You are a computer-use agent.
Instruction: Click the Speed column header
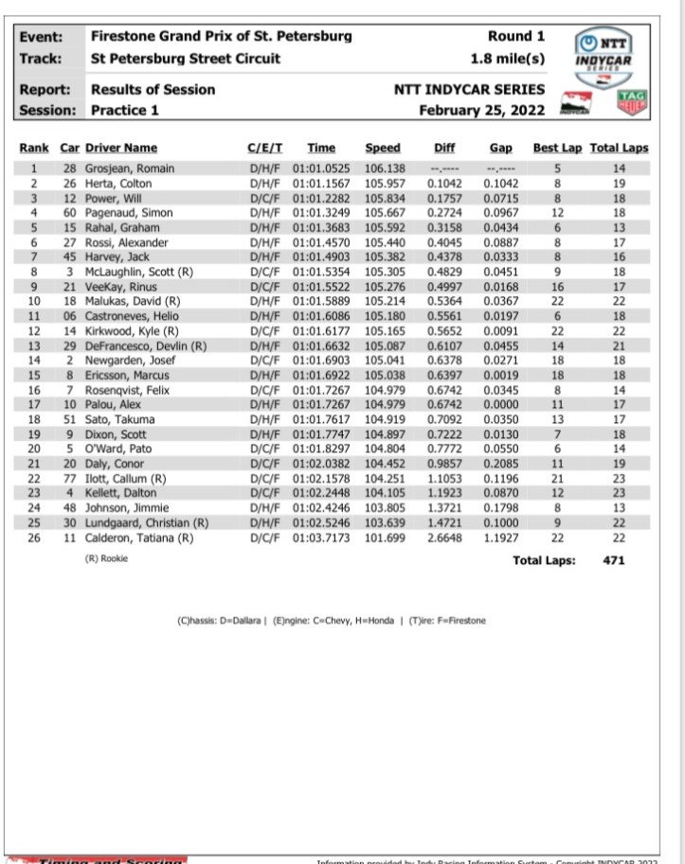(x=383, y=148)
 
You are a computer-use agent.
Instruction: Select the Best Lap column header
(x=558, y=148)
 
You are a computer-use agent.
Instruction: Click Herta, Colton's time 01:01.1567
(x=321, y=183)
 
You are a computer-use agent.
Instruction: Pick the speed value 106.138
(x=383, y=168)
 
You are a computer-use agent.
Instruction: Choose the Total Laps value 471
(x=613, y=559)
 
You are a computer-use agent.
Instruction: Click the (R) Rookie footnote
(x=106, y=558)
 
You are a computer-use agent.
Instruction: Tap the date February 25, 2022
(x=482, y=109)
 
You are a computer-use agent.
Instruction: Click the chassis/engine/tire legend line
(x=331, y=621)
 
